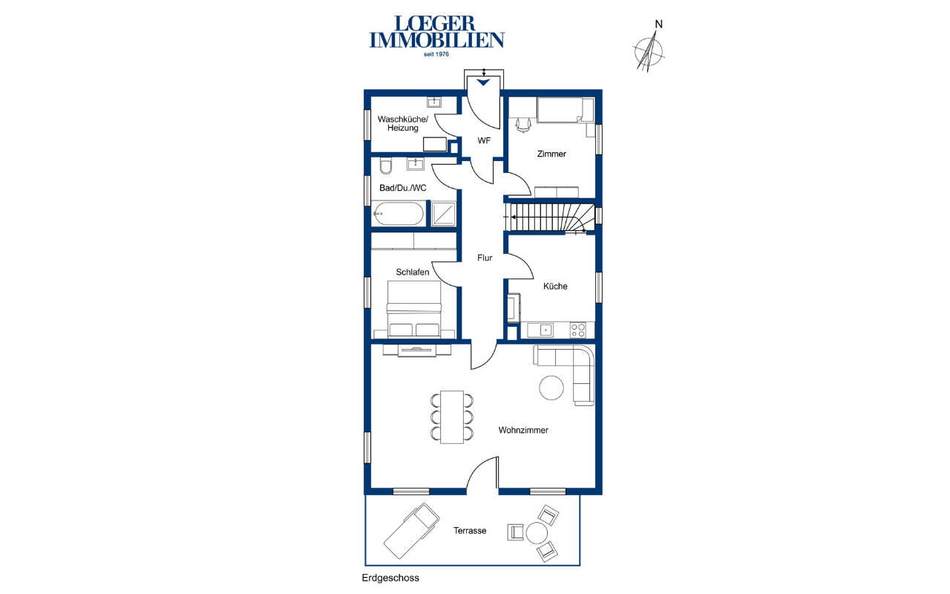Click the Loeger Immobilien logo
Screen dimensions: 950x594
(x=437, y=36)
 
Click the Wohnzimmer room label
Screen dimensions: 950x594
(x=523, y=430)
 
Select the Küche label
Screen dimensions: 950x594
(x=555, y=287)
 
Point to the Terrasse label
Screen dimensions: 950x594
(x=470, y=531)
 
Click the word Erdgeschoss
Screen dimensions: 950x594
(x=390, y=578)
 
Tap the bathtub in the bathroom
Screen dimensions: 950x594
(x=398, y=214)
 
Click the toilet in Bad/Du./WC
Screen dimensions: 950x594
(x=385, y=166)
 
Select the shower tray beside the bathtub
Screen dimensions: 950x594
(x=443, y=214)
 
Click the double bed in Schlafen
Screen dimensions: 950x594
(x=414, y=309)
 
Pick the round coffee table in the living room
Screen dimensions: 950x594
(x=551, y=388)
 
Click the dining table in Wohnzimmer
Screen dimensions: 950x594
(x=452, y=417)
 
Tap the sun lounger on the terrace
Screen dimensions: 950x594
(x=411, y=531)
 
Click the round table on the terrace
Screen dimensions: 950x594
(x=537, y=533)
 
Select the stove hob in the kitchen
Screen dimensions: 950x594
(x=578, y=330)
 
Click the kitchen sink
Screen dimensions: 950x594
(x=540, y=330)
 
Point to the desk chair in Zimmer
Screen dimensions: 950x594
(x=523, y=125)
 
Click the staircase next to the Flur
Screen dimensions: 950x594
(x=550, y=218)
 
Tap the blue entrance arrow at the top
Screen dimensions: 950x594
(x=483, y=82)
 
